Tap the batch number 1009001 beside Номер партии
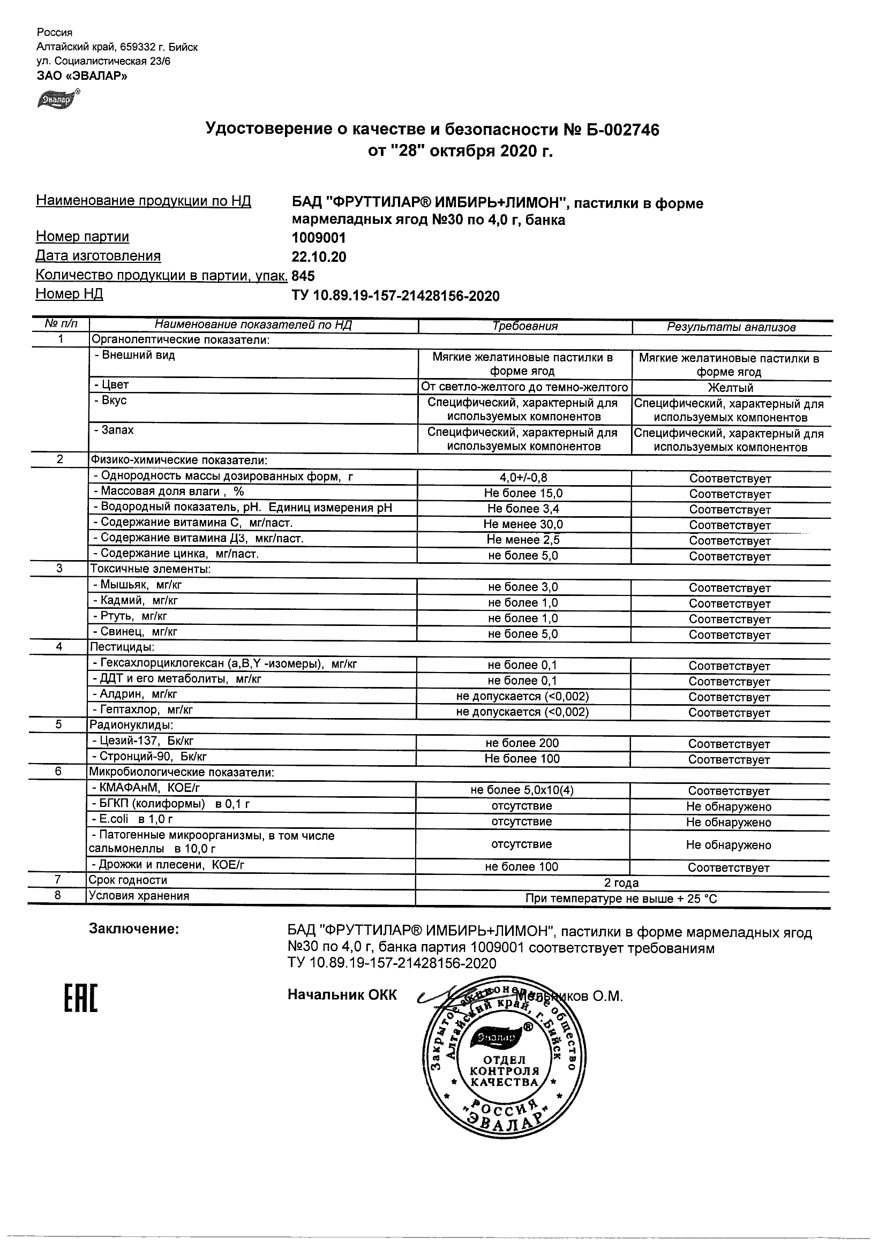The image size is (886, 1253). pos(319,238)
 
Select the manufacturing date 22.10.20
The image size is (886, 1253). pos(319,257)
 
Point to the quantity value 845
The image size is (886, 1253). pos(304,276)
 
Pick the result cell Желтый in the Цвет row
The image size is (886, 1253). pos(731,388)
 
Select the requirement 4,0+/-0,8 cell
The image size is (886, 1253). pos(523,478)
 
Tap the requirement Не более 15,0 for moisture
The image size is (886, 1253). pos(523,493)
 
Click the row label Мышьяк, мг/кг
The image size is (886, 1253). pos(141,585)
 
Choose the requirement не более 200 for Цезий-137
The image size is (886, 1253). pos(522,743)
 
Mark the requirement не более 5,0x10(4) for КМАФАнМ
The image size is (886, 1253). pos(522,790)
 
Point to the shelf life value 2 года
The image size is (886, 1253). pos(621,883)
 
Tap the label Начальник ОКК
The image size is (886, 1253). pos(342,995)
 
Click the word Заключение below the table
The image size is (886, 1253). pos(134,929)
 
